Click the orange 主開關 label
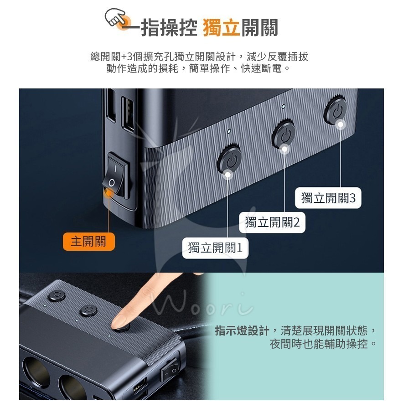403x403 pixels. point(88,241)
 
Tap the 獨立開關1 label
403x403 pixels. point(215,248)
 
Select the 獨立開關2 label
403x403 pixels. point(272,222)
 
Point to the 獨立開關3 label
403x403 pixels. point(328,198)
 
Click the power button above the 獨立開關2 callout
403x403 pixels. point(284,134)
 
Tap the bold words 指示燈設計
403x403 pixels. point(242,331)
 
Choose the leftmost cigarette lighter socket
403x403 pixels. point(35,372)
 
